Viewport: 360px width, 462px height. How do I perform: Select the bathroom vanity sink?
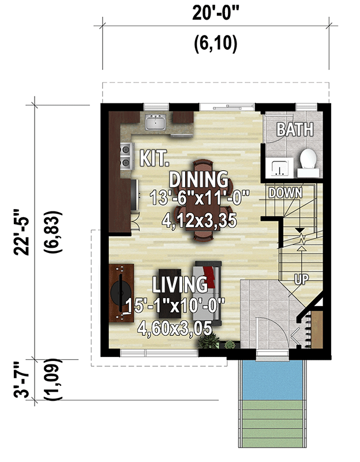pos(281,167)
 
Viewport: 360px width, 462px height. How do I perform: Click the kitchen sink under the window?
pos(156,122)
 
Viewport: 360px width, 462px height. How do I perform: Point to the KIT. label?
pos(153,157)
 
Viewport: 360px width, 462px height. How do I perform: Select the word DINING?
pos(198,178)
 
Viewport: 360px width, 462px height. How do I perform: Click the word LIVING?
pos(179,284)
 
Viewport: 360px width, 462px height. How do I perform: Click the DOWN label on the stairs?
pos(286,193)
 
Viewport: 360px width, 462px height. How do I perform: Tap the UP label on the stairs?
pos(301,279)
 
